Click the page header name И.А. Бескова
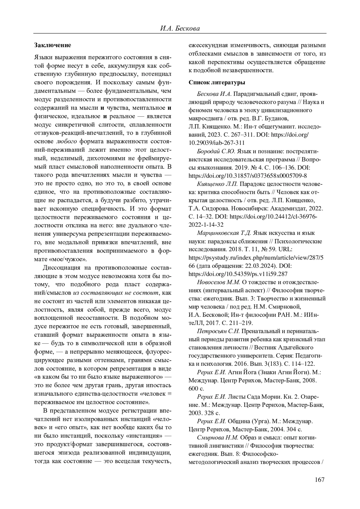(x=180, y=28)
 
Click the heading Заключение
(x=52, y=45)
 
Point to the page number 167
(x=320, y=480)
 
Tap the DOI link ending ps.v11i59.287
(x=238, y=274)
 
